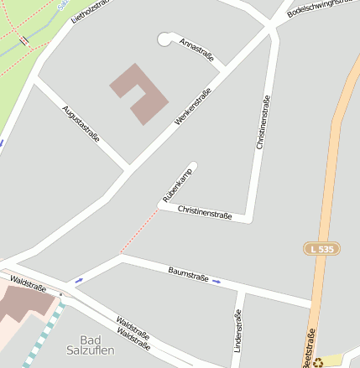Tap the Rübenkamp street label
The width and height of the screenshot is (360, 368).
(x=177, y=185)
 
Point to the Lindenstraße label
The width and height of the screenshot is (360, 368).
(x=237, y=330)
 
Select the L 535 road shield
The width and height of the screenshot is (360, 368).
(x=321, y=249)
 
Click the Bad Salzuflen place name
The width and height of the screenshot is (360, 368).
(x=91, y=345)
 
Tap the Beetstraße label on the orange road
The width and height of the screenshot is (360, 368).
(x=309, y=347)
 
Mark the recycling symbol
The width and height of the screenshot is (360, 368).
(x=318, y=362)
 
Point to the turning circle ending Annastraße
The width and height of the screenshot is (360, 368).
(x=165, y=39)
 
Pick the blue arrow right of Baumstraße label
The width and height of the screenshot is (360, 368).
(x=217, y=281)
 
